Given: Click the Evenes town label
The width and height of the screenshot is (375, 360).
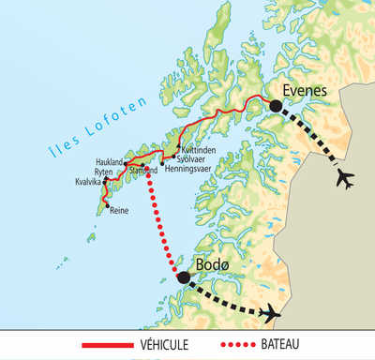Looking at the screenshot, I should (305, 91).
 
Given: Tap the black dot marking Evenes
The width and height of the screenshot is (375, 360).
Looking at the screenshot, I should (276, 107).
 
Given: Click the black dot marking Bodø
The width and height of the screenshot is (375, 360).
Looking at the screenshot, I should (184, 277).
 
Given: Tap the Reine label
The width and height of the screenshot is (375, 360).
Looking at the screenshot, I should (119, 211).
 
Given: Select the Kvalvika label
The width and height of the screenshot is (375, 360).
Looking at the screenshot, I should (89, 182).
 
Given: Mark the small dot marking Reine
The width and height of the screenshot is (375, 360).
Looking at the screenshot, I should (107, 205).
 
